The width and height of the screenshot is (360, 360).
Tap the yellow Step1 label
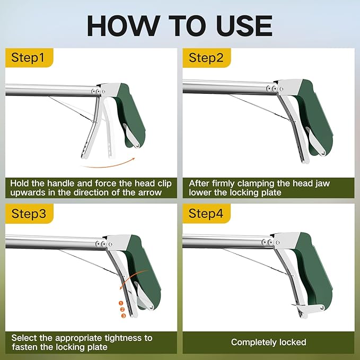[28, 58]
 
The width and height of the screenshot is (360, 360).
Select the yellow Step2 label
[206, 58]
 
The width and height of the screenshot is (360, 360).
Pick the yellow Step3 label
[28, 214]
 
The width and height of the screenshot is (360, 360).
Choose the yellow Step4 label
[206, 214]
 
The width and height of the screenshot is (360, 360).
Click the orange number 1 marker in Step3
[121, 303]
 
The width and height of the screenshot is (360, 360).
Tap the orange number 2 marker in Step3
[122, 310]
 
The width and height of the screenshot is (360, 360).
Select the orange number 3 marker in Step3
[124, 316]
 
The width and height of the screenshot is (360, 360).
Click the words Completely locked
[268, 343]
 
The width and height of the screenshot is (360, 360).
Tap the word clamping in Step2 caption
[258, 183]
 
